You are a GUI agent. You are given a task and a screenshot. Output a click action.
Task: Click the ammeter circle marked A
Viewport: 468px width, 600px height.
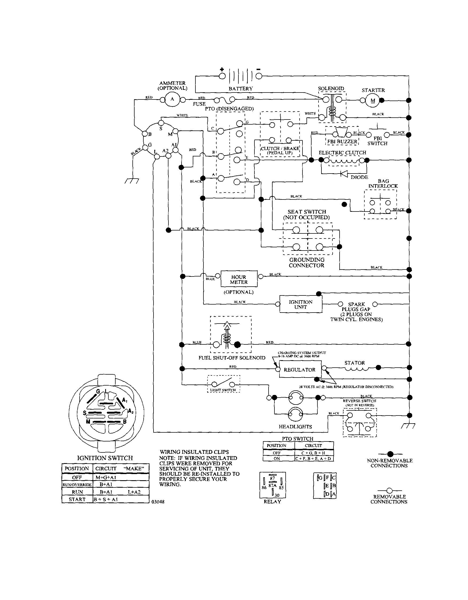click(x=172, y=99)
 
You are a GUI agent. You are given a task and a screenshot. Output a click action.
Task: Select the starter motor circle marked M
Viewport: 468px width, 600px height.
click(x=372, y=101)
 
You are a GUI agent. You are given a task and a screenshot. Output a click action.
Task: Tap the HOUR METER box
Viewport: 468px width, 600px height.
click(x=239, y=279)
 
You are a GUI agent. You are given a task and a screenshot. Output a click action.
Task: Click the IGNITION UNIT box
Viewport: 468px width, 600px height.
click(x=301, y=304)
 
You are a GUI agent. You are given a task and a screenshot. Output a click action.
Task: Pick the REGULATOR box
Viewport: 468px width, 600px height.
click(x=300, y=370)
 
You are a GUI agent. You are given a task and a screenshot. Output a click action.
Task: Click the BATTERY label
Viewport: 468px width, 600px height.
click(x=241, y=89)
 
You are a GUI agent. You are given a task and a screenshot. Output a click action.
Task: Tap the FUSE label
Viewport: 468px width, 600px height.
click(x=199, y=104)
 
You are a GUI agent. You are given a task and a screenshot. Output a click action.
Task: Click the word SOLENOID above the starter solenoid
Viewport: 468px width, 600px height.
click(x=331, y=89)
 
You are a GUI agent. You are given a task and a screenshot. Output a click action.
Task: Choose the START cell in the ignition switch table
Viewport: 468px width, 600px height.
click(x=77, y=499)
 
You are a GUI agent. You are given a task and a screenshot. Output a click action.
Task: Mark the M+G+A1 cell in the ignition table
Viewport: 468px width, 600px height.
click(x=106, y=478)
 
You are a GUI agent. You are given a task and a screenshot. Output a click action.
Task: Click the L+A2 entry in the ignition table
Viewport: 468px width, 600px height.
click(x=134, y=492)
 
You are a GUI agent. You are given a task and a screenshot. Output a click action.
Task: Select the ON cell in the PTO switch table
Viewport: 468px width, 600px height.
click(x=277, y=459)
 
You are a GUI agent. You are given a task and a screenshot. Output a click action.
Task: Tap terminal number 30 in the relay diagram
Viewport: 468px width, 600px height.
click(x=277, y=495)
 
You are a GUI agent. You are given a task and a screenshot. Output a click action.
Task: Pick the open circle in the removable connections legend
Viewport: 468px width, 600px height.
click(x=389, y=490)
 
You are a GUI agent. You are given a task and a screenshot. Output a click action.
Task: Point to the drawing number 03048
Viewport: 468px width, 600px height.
click(x=158, y=502)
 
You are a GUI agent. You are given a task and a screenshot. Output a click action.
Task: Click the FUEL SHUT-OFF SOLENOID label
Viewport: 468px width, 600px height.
click(x=232, y=358)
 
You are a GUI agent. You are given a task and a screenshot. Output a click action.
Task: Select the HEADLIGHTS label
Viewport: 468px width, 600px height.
click(x=295, y=427)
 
